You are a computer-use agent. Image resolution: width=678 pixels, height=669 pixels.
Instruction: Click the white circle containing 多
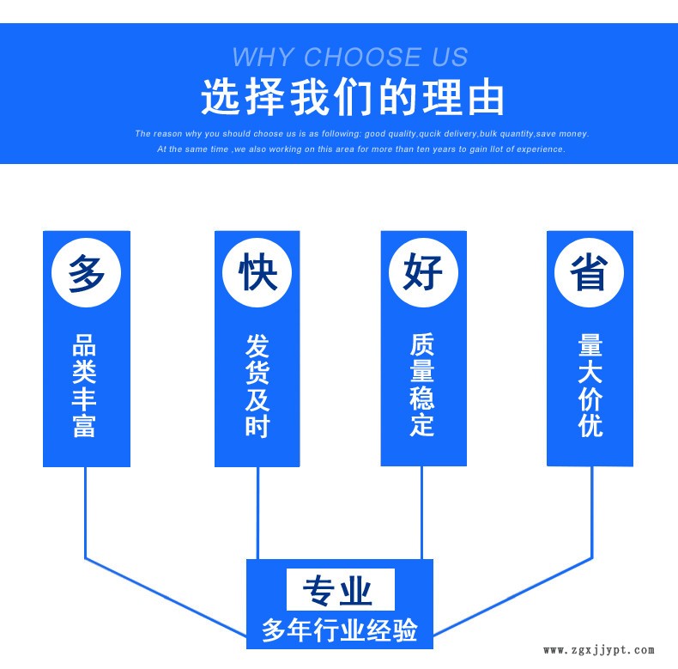point(87,274)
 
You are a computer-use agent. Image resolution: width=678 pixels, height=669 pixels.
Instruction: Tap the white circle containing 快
point(257,274)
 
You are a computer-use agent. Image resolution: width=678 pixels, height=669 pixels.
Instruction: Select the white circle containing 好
point(423,273)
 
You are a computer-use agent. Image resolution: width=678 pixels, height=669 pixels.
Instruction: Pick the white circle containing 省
point(590,273)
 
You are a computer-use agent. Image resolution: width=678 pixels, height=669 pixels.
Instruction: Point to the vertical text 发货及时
point(257,386)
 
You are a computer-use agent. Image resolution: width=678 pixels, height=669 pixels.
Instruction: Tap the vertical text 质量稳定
point(422,386)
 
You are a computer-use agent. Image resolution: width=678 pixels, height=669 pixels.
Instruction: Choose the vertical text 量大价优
point(590,386)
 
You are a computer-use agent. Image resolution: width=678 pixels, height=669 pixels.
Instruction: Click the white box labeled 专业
point(340,591)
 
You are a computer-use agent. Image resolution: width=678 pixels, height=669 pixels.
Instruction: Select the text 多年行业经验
point(340,630)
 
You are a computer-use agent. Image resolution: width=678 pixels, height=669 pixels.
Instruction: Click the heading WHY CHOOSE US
point(350,58)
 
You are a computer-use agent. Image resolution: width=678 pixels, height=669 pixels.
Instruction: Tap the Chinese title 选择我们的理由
point(352,98)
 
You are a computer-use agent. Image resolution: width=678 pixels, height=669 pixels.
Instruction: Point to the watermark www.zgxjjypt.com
point(599,650)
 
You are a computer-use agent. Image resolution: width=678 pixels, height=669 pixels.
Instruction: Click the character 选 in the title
point(221,98)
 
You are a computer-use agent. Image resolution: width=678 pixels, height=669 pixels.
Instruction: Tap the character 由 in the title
point(485,98)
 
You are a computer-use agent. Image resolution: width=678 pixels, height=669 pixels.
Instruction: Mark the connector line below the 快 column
point(257,513)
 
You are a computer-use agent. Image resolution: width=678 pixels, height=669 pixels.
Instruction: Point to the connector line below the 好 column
point(421,513)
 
